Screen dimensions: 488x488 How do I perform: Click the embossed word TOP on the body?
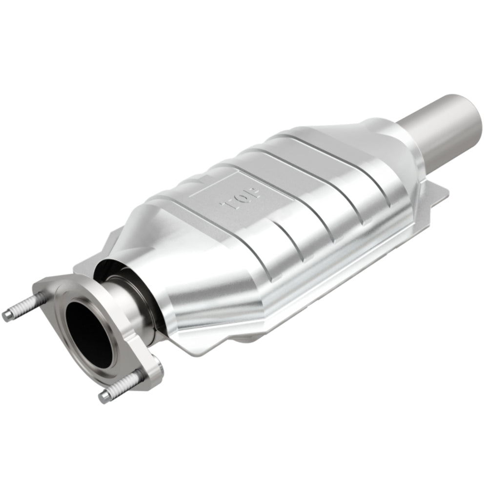point(241,198)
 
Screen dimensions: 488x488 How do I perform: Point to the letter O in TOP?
point(242,198)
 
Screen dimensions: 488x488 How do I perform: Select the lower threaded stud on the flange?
point(122,386)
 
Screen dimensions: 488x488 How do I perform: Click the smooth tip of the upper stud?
point(7,315)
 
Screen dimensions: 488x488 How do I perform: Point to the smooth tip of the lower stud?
point(104,396)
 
